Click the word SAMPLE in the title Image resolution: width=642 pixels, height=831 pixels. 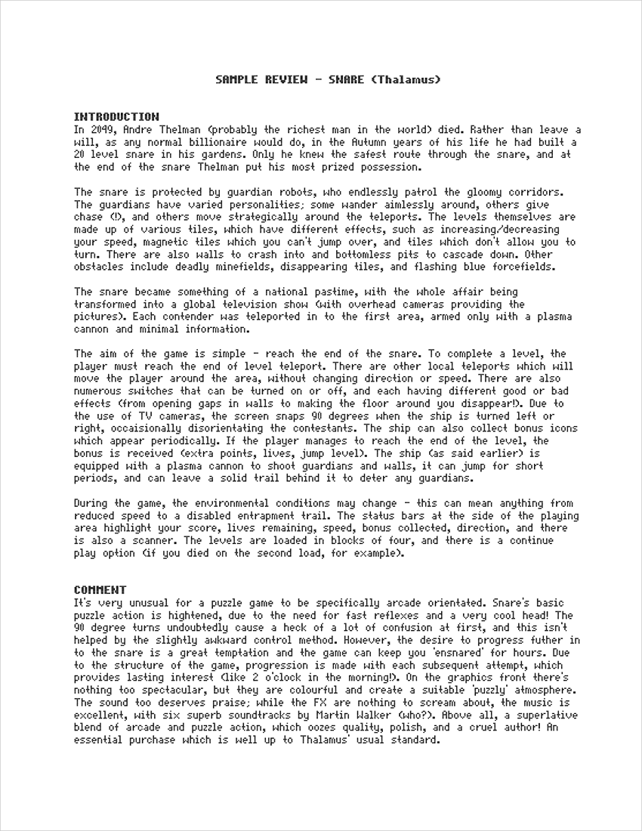tap(237, 79)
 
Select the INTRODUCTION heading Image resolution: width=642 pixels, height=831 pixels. tap(116, 117)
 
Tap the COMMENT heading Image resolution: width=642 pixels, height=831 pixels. tap(100, 590)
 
